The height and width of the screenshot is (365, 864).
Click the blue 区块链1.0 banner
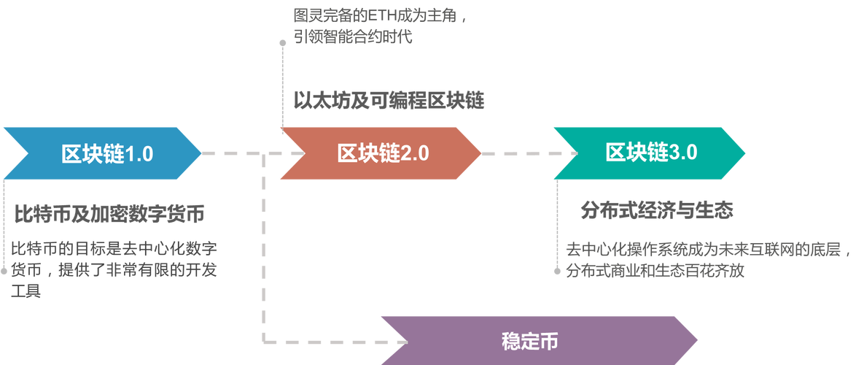pos(102,153)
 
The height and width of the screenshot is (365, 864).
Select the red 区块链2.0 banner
pos(379,153)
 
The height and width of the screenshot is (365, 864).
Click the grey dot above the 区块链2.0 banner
pos(282,43)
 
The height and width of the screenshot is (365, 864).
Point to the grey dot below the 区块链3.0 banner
pos(558,271)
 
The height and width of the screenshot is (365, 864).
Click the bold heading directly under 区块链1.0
pos(109,213)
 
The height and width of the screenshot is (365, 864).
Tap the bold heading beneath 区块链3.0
pos(656,211)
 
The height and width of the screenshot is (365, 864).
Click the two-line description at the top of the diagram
pos(379,26)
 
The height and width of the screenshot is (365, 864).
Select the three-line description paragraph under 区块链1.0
pos(113,269)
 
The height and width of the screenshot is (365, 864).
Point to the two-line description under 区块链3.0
pos(707,261)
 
